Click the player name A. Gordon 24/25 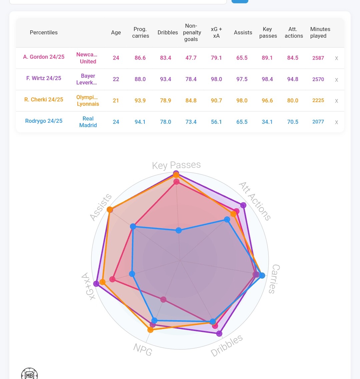[44, 57]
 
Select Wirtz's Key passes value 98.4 [267, 79]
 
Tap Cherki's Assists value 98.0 [242, 100]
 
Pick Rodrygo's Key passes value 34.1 [267, 122]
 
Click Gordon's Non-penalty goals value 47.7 [191, 58]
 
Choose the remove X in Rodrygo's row [336, 122]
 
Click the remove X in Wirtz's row [336, 80]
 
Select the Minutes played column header [320, 32]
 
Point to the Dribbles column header [168, 32]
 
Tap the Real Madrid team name [88, 122]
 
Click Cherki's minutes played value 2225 [318, 100]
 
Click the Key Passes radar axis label [176, 165]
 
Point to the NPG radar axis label [143, 349]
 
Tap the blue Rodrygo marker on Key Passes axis [179, 230]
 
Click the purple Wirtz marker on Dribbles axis [219, 333]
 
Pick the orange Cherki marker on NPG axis [150, 330]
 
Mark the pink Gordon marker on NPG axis [163, 300]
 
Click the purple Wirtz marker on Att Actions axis [243, 205]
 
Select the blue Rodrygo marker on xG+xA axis [132, 274]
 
